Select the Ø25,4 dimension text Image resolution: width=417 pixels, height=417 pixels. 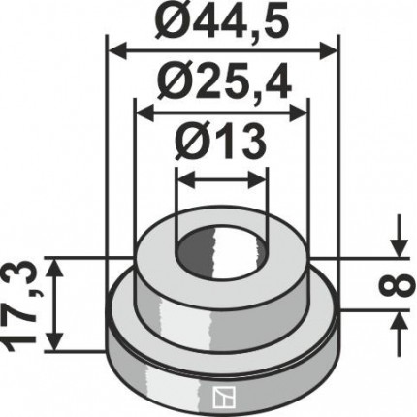click(222, 83)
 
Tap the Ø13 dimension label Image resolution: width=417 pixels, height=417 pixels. click(221, 141)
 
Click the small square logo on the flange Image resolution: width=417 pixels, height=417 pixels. click(224, 394)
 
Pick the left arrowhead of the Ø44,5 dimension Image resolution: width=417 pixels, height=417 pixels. click(116, 50)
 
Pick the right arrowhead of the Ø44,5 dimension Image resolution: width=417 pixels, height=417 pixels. click(328, 50)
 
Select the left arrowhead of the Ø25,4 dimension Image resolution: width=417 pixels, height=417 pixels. click(144, 113)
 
